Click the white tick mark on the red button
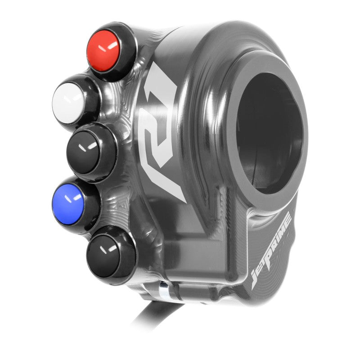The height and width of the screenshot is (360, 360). coord(112,46)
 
